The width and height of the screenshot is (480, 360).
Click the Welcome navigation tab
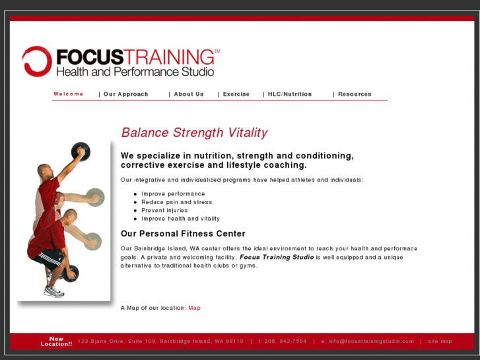[69, 94]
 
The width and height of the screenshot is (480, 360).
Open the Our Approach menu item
[125, 94]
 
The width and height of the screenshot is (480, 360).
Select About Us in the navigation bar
[189, 94]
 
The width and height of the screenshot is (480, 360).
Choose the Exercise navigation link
[236, 94]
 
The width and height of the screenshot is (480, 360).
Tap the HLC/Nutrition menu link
[290, 94]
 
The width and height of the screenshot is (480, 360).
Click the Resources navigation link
[355, 94]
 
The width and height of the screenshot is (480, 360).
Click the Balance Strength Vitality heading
[194, 133]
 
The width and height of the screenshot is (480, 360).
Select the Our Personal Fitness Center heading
[183, 234]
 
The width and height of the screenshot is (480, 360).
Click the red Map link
[194, 308]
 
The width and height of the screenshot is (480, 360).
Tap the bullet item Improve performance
[173, 194]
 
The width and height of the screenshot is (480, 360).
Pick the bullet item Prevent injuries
[164, 211]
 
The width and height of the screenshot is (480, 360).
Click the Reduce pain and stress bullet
[176, 202]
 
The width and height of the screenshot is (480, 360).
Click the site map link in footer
[440, 342]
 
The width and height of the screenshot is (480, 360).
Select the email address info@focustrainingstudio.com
[371, 342]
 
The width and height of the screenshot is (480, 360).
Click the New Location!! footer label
[56, 342]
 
